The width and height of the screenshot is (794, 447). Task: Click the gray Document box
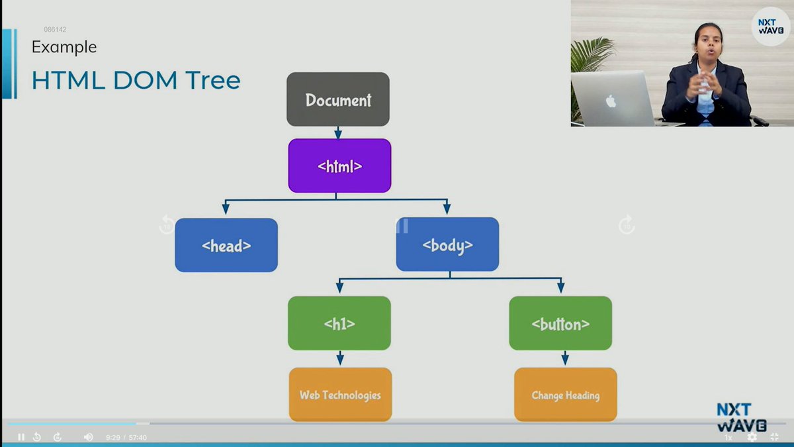click(338, 99)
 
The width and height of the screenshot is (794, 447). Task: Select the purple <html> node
click(339, 166)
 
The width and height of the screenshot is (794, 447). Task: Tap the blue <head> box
click(226, 245)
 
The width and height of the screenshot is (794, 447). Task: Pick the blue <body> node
click(447, 244)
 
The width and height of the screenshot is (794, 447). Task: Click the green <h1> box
click(339, 323)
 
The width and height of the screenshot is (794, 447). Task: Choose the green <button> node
click(560, 323)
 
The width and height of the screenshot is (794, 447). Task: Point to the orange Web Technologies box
click(340, 395)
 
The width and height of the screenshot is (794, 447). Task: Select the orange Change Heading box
click(566, 395)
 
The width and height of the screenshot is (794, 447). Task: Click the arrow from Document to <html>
click(338, 132)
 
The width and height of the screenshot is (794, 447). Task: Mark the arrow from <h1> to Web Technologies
click(340, 358)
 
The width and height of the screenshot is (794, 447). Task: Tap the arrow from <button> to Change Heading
click(565, 358)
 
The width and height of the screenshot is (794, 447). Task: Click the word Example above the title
click(64, 47)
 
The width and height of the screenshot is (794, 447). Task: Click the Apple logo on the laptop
click(611, 101)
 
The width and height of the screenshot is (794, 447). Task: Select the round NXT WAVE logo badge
click(771, 26)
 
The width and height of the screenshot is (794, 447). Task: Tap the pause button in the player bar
click(21, 437)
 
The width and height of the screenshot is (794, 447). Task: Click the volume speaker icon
click(88, 437)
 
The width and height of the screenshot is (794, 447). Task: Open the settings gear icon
click(752, 437)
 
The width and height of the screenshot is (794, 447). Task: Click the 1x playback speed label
click(728, 438)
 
